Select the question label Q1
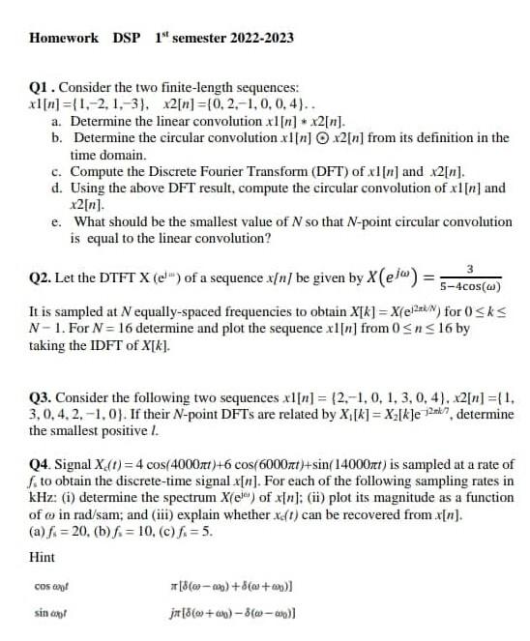tap(41, 88)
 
